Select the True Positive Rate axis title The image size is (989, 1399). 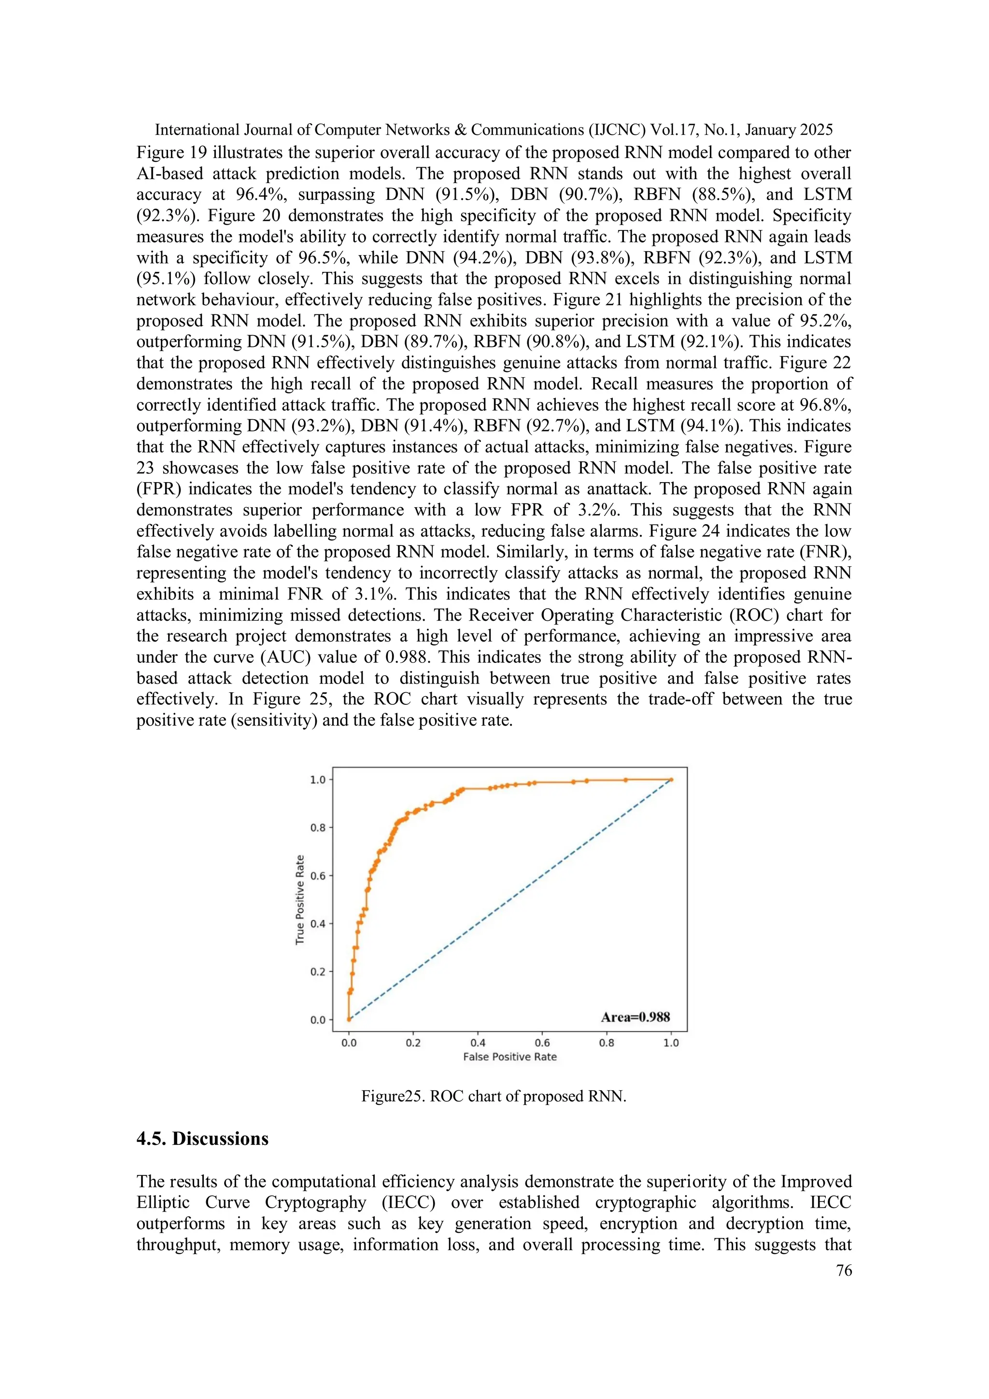click(x=299, y=900)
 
